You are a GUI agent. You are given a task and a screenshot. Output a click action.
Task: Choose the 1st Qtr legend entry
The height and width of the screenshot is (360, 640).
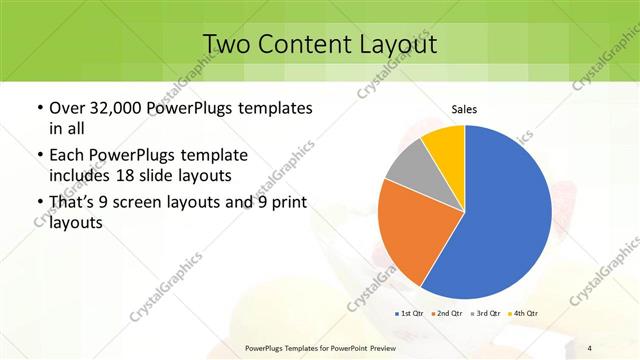[412, 314]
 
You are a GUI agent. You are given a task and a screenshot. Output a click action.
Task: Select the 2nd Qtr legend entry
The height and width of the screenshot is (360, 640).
[449, 314]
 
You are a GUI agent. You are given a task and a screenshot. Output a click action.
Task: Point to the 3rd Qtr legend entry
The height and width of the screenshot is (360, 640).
[487, 314]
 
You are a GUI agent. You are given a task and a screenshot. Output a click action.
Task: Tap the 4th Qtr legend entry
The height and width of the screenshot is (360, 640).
[524, 314]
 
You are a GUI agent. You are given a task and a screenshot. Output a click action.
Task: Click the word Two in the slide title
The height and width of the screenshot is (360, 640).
[226, 44]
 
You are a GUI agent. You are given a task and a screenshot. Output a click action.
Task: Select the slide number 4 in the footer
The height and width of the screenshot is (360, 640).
[590, 348]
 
